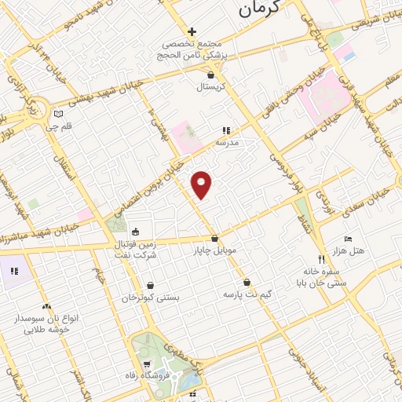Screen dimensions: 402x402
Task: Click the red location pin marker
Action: click(x=203, y=184)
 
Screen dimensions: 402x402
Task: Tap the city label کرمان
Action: click(x=259, y=9)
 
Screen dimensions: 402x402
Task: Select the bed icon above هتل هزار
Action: click(x=349, y=239)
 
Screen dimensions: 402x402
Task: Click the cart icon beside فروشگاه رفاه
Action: click(x=148, y=365)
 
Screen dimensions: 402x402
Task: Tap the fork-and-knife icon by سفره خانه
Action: click(x=321, y=258)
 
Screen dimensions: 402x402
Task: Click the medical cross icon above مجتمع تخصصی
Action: click(x=192, y=31)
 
